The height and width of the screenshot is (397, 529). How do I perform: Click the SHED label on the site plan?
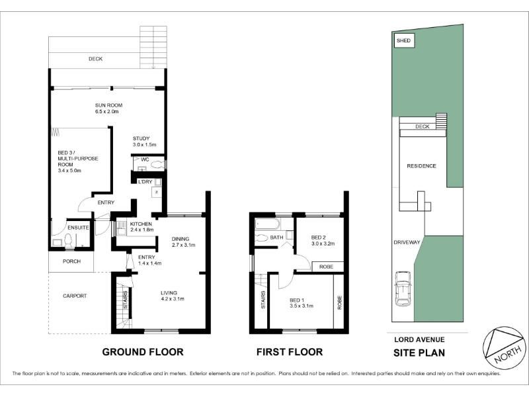(x=403, y=40)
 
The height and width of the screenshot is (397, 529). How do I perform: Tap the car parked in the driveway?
(x=403, y=288)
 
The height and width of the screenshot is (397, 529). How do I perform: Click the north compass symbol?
(x=505, y=348)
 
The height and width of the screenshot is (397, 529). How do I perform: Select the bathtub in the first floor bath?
(x=268, y=224)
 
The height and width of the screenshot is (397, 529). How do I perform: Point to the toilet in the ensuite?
(x=69, y=242)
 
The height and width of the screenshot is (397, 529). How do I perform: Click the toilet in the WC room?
(x=157, y=165)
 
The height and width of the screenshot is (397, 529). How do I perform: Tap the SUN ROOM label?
(x=108, y=105)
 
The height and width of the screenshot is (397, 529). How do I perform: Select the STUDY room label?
(x=141, y=138)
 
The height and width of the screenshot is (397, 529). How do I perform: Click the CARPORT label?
(x=75, y=296)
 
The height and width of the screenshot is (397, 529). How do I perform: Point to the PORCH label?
(x=71, y=261)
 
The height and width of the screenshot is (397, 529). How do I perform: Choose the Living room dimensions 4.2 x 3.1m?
(x=173, y=299)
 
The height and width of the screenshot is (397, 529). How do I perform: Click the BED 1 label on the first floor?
(x=297, y=300)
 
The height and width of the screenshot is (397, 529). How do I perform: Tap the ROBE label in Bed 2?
(x=326, y=267)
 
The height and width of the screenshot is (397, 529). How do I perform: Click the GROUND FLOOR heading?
(x=143, y=352)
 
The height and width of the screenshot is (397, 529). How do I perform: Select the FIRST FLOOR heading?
(x=290, y=352)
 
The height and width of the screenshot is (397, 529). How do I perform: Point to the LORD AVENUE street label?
(x=419, y=339)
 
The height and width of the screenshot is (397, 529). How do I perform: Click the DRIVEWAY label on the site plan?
(x=407, y=242)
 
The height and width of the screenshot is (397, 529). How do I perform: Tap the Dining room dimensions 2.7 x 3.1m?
(x=184, y=245)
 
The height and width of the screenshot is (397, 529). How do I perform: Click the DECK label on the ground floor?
(x=95, y=59)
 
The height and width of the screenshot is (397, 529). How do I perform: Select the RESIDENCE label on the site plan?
(x=421, y=166)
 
